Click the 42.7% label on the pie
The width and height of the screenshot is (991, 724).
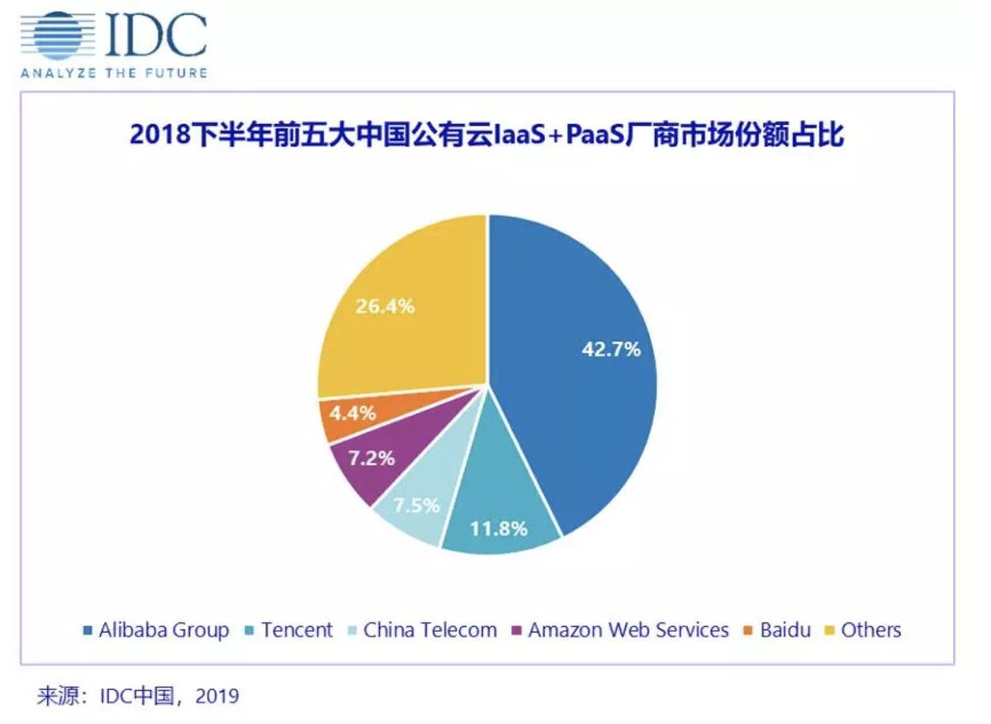pos(610,349)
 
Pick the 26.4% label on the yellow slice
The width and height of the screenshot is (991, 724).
pos(385,306)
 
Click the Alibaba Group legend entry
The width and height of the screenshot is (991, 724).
pos(164,631)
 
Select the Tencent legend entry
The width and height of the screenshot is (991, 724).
pos(296,631)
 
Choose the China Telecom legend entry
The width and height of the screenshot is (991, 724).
pos(429,631)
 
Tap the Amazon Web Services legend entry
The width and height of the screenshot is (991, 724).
pos(628,631)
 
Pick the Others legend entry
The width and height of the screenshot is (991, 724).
pos(870,631)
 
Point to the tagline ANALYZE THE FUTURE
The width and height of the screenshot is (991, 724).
pos(113,73)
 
